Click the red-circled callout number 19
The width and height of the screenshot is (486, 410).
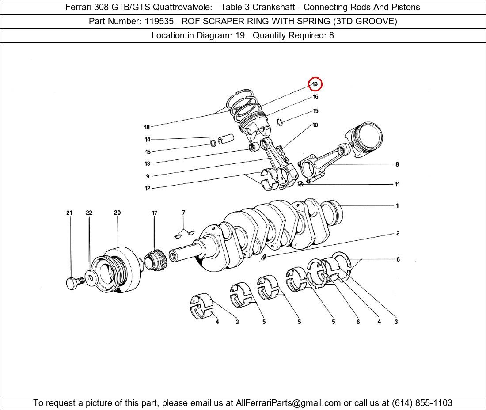coord(315,84)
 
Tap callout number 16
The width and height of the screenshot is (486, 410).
coord(315,97)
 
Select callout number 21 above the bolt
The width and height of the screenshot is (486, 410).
coord(69,213)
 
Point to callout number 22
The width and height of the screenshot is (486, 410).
coord(89,213)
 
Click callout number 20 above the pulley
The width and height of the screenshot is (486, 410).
coord(117,213)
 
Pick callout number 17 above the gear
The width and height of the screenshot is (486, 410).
coord(154,213)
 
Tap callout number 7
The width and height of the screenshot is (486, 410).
coord(183,212)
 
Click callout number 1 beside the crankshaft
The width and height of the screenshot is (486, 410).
coord(397,205)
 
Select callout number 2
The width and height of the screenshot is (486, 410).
coord(398,233)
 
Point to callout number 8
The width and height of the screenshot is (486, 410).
coord(397,164)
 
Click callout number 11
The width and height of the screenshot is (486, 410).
coord(397,184)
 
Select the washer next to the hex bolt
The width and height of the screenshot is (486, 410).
coord(91,278)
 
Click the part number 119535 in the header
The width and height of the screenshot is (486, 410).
coord(159,21)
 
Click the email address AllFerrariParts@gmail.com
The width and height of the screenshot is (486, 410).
coord(288,403)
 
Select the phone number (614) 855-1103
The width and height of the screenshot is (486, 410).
coord(422,403)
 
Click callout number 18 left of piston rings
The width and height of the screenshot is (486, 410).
coord(147,127)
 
